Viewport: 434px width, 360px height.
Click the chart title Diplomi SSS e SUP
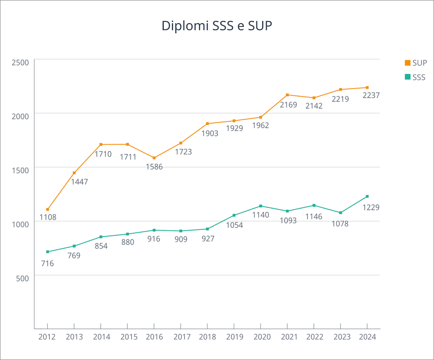pyautogui.click(x=217, y=26)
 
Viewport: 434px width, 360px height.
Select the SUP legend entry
pyautogui.click(x=415, y=63)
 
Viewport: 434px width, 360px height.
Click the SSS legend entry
pyautogui.click(x=415, y=77)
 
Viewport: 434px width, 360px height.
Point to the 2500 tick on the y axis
pyautogui.click(x=20, y=63)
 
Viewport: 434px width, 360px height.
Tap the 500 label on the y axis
pyautogui.click(x=22, y=278)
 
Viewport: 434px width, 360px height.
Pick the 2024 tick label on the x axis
pyautogui.click(x=367, y=337)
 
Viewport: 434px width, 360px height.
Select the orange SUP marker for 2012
pyautogui.click(x=47, y=210)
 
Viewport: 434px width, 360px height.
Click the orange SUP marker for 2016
pyautogui.click(x=154, y=158)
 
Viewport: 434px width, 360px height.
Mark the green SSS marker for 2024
pyautogui.click(x=367, y=197)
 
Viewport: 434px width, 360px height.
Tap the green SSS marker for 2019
pyautogui.click(x=234, y=215)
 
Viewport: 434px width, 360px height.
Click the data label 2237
pyautogui.click(x=371, y=96)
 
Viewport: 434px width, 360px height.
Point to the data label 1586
pyautogui.click(x=154, y=167)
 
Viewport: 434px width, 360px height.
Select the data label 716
pyautogui.click(x=47, y=263)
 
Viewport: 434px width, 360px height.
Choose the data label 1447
pyautogui.click(x=79, y=182)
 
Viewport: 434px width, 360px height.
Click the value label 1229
pyautogui.click(x=371, y=208)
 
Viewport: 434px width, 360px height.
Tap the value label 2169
pyautogui.click(x=288, y=105)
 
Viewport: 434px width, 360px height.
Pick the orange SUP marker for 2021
pyautogui.click(x=287, y=95)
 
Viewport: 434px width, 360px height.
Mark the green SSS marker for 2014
pyautogui.click(x=101, y=237)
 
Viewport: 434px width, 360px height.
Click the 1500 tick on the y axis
pyautogui.click(x=20, y=170)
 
